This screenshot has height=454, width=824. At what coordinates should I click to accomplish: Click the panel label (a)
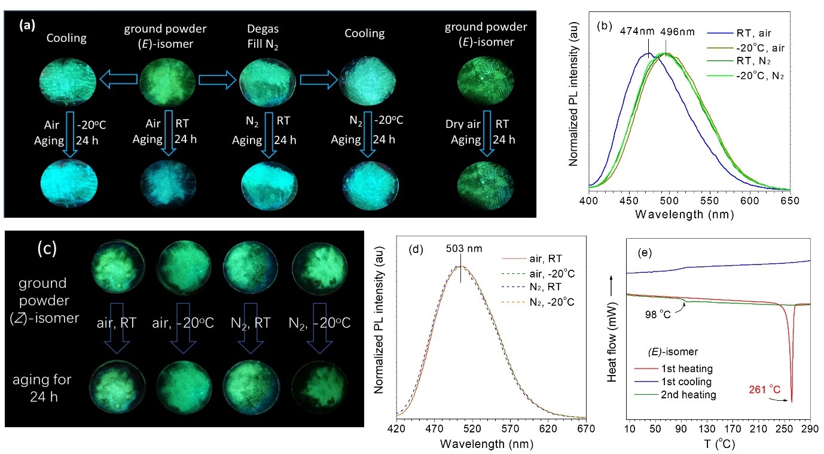(28, 25)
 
